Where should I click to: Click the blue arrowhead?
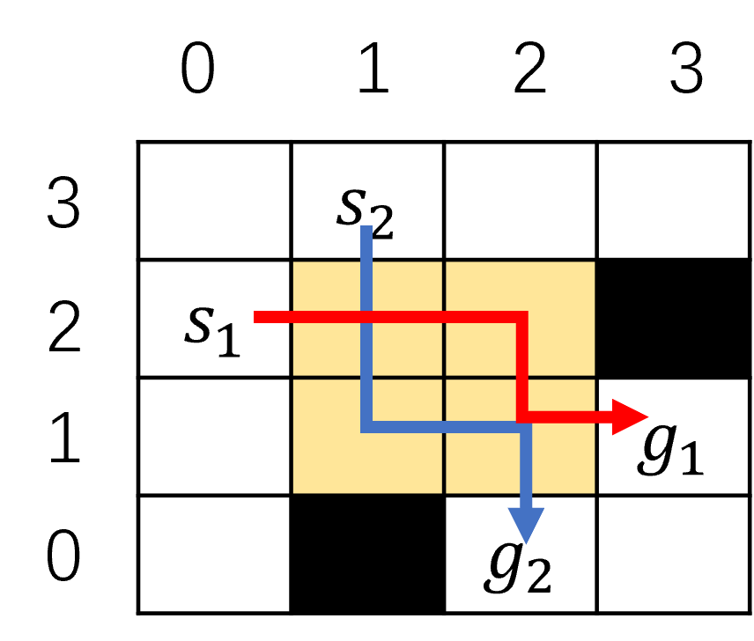pos(526,524)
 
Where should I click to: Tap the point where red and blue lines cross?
pos(366,317)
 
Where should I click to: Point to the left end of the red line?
pos(255,317)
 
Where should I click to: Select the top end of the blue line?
pos(366,227)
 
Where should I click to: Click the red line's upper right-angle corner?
pos(522,317)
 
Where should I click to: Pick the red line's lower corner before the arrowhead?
pos(522,416)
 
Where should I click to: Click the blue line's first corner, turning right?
pos(366,427)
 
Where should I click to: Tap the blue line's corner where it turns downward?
pos(526,427)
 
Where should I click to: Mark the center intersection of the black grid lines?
pos(444,377)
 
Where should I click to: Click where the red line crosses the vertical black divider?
pos(444,317)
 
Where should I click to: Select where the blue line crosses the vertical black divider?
pos(444,427)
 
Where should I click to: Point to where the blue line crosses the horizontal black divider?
pos(366,377)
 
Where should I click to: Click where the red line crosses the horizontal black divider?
pos(522,377)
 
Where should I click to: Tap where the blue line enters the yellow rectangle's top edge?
pos(366,262)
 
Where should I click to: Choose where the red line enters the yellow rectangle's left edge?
pos(293,317)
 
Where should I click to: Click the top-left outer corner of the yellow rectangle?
pos(293,262)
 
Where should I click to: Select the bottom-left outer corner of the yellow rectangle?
pos(293,492)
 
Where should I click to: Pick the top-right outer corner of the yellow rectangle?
pos(595,262)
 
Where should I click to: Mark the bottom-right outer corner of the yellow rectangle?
pos(595,492)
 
